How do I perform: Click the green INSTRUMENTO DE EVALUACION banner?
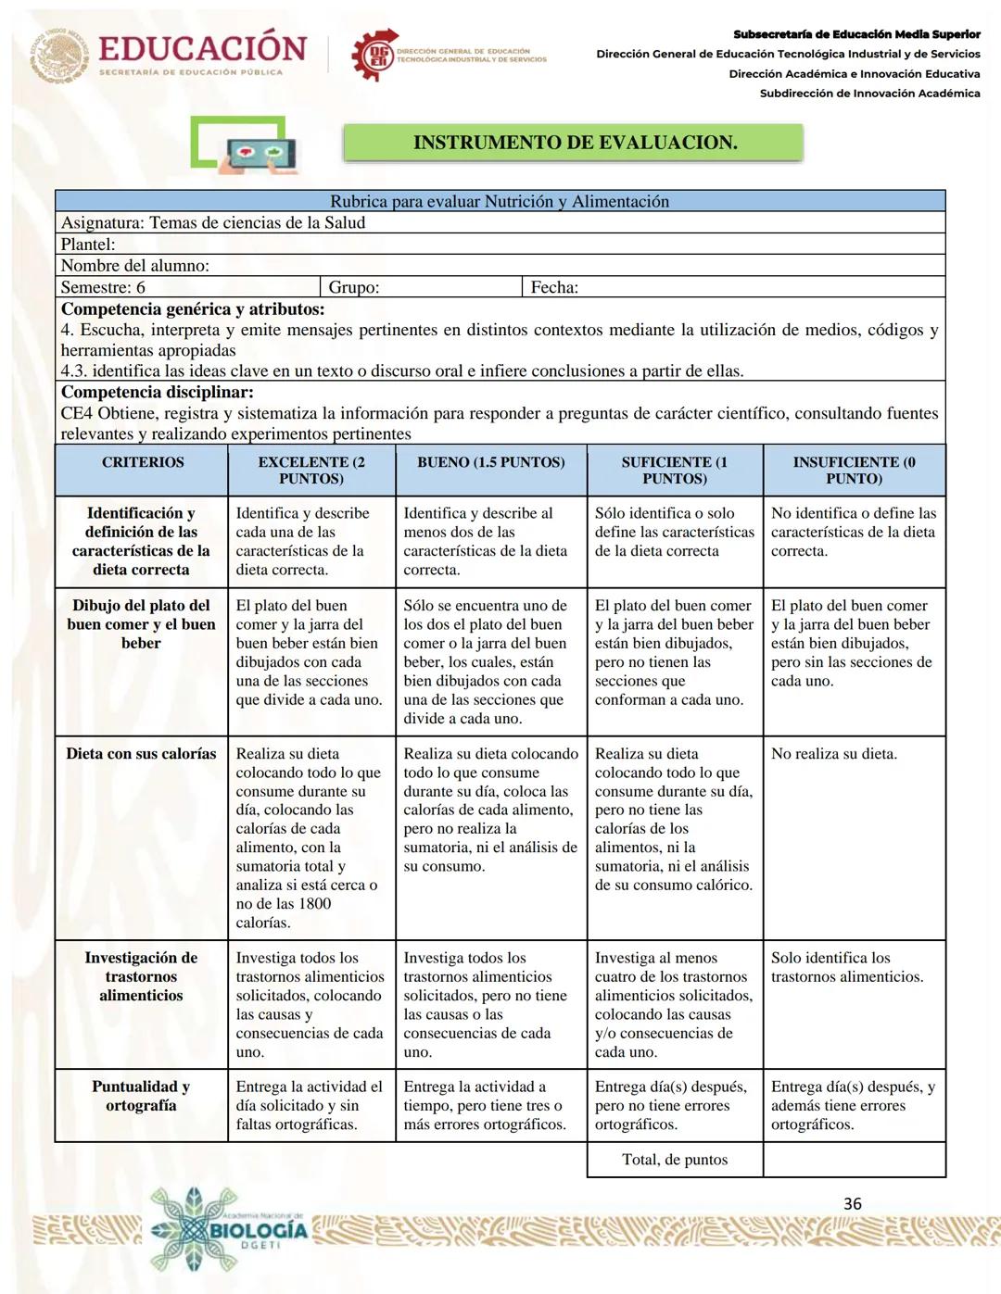coord(574,143)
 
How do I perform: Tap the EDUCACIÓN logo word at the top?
coord(202,48)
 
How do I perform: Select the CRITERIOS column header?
coord(142,462)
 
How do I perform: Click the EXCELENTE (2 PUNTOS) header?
coord(311,470)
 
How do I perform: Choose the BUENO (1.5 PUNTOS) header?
coord(490,462)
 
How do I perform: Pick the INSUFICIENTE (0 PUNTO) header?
coord(854,470)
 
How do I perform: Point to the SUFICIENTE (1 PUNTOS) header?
coord(674,470)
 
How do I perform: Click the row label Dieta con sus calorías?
coord(141,754)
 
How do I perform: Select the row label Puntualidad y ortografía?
coord(141,1096)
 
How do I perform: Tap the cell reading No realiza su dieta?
coord(834,754)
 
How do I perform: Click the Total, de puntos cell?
coord(675,1160)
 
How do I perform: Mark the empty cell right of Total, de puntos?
coord(854,1160)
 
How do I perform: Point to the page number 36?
coord(853,1203)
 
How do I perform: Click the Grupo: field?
coord(421,287)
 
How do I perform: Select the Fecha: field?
coord(732,287)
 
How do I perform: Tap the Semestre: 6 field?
coord(187,287)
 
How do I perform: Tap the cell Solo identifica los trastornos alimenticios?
coord(847,967)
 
